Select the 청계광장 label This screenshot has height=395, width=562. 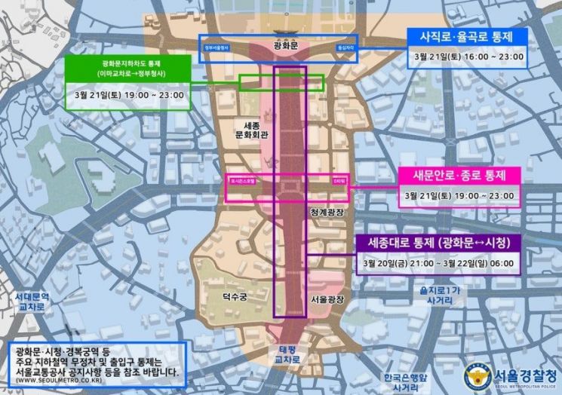(326, 213)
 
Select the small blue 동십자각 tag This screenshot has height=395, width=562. (345, 47)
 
